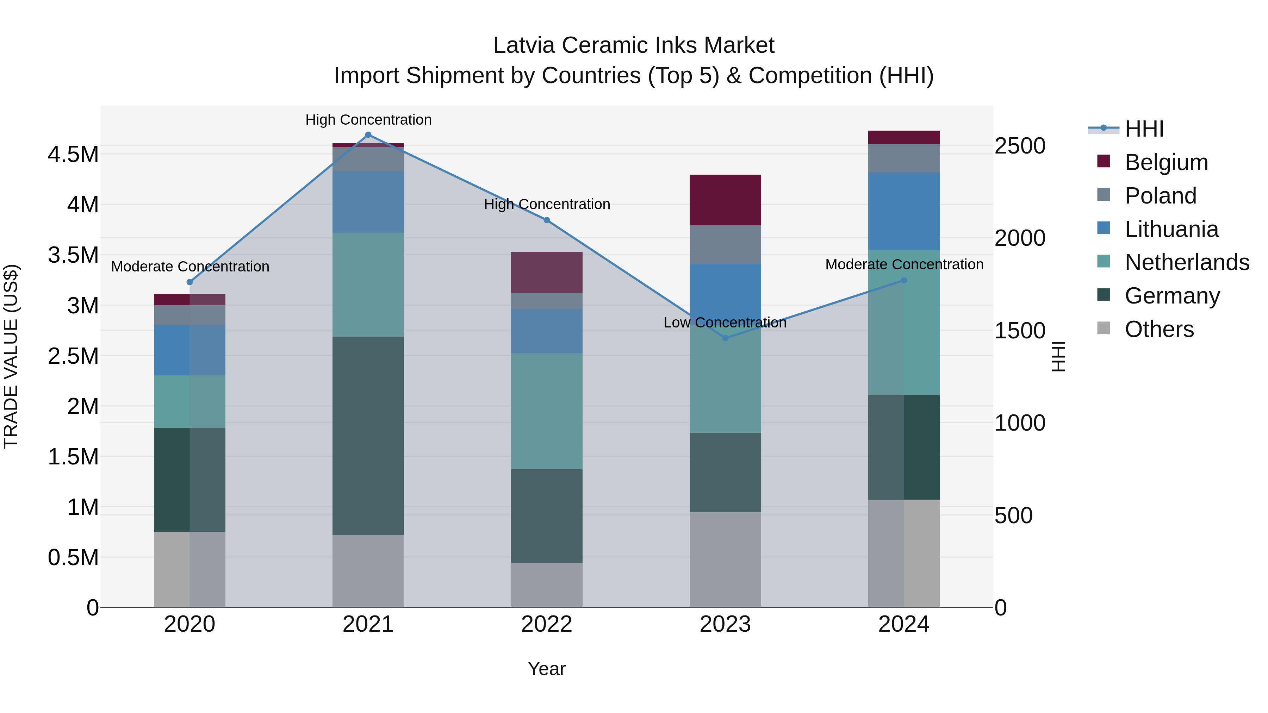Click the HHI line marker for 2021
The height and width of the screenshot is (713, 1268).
[x=368, y=135]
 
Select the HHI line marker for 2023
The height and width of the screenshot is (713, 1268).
[x=725, y=338]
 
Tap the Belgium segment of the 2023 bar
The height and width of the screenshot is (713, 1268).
[x=725, y=200]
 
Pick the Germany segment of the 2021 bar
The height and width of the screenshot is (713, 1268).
[x=368, y=436]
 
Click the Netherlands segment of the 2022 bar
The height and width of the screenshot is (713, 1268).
[x=546, y=411]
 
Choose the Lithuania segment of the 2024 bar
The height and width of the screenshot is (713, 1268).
[x=904, y=212]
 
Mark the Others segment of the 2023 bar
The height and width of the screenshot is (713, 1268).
[x=725, y=559]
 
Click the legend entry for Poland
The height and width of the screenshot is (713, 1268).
[x=1160, y=196]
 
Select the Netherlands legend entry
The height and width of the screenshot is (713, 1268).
[x=1187, y=262]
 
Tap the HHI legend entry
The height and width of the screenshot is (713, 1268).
[x=1144, y=129]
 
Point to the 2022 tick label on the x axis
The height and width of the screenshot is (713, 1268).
[x=546, y=624]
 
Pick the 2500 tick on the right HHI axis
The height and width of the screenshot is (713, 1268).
[x=1020, y=146]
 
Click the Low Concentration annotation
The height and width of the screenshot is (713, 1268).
[x=725, y=323]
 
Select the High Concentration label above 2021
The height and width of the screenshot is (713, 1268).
[x=368, y=120]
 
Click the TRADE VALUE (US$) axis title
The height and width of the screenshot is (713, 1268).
[x=11, y=356]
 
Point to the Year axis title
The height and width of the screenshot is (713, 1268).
[x=546, y=669]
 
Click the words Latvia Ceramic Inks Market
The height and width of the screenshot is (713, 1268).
[x=634, y=45]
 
